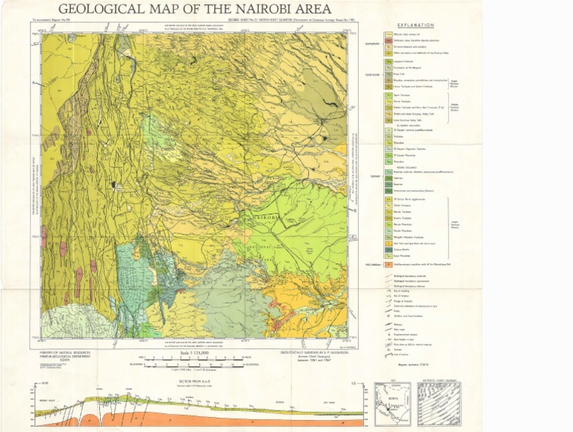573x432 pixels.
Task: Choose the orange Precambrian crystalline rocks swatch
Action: (388, 264)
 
